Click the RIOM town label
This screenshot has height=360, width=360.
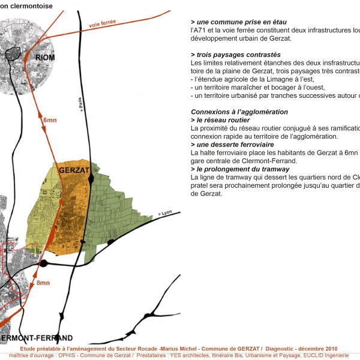pyautogui.click(x=45, y=58)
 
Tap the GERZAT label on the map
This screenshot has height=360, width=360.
pyautogui.click(x=74, y=170)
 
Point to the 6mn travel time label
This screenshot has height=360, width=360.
pyautogui.click(x=50, y=121)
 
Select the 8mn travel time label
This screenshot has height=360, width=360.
pyautogui.click(x=44, y=282)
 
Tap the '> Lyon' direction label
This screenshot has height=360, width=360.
pyautogui.click(x=164, y=214)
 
